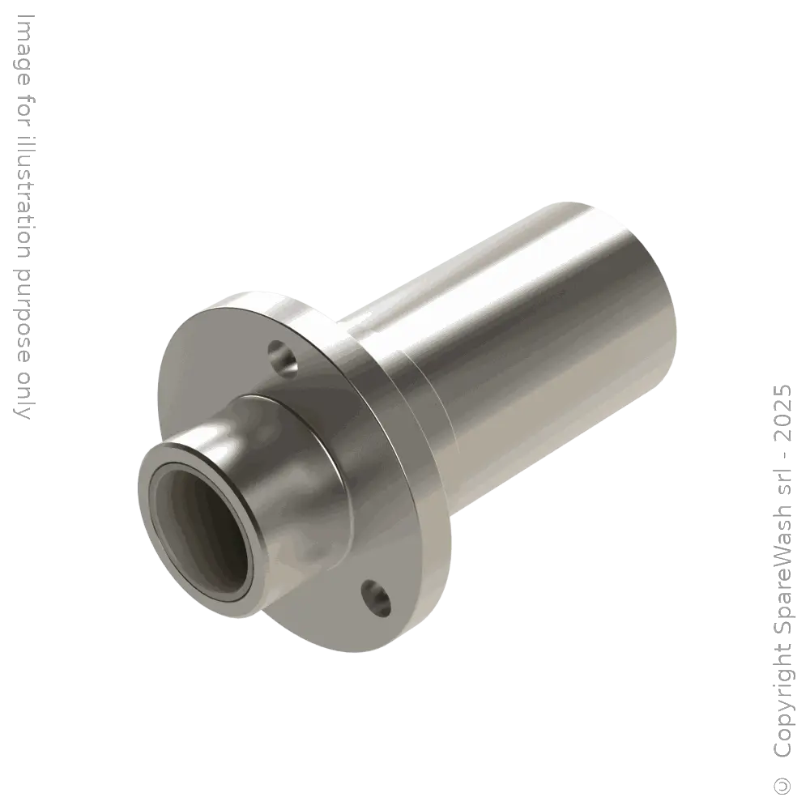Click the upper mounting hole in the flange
[x=283, y=357]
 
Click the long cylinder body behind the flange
[x=526, y=324]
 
